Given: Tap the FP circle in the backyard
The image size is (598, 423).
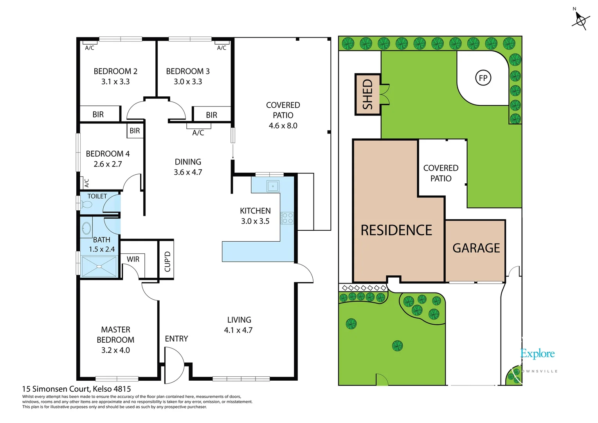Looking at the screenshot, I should [x=483, y=78].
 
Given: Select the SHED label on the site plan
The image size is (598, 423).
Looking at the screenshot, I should [x=367, y=94].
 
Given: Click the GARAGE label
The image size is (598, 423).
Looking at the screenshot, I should [x=476, y=248].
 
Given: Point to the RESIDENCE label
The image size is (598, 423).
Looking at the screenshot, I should [x=396, y=230].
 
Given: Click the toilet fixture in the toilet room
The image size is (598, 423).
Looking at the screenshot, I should [x=86, y=204].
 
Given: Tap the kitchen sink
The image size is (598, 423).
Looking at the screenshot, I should [x=273, y=186].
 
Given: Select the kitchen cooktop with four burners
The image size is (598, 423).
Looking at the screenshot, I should [x=287, y=218].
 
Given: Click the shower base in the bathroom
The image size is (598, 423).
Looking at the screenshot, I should [x=99, y=267].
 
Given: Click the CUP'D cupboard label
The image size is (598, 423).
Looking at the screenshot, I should [x=167, y=261].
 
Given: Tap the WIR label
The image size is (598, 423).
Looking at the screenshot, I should [x=133, y=259].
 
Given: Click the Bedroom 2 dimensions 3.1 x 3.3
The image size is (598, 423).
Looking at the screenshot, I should [x=115, y=82].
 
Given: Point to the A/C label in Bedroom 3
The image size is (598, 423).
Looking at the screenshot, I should [x=222, y=48].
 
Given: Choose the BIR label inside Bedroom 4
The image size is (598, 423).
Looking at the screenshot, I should [x=135, y=131].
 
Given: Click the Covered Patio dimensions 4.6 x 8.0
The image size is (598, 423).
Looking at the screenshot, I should [x=283, y=126].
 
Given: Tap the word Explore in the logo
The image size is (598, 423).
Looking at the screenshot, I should [x=537, y=354].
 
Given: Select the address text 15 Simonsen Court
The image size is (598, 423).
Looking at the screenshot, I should [x=56, y=389].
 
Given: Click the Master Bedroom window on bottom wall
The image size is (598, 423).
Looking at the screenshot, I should [x=117, y=379].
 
